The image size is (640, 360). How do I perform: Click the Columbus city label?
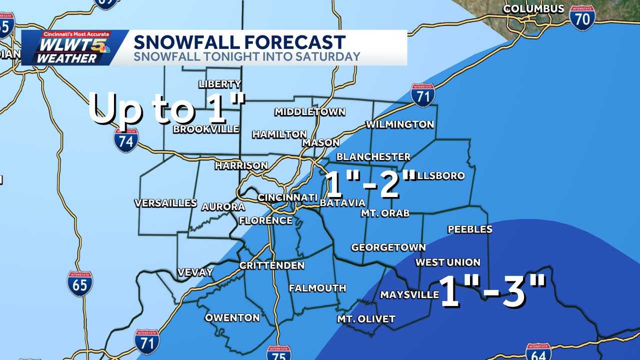[533, 9]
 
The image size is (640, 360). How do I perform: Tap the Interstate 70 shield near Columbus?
[582, 18]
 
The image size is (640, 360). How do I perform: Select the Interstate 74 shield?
[125, 140]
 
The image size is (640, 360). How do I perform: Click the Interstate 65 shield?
[80, 284]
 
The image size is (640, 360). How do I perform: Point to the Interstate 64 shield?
[538, 352]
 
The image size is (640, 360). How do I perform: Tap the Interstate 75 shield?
[278, 353]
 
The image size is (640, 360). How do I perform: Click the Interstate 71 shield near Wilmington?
[423, 95]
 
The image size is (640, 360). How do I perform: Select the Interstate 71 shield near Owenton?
[147, 342]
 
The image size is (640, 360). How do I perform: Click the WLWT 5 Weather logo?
[74, 47]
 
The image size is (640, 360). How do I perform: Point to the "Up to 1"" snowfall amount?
[167, 108]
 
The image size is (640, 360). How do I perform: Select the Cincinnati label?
[287, 197]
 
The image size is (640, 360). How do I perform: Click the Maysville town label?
[409, 295]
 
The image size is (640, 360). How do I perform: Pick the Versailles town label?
[165, 203]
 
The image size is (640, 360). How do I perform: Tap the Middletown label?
[309, 111]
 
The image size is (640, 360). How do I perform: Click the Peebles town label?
[469, 229]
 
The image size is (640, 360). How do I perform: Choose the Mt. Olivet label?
[366, 319]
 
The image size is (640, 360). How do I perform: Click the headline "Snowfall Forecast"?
[239, 41]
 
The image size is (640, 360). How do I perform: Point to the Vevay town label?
[195, 272]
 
